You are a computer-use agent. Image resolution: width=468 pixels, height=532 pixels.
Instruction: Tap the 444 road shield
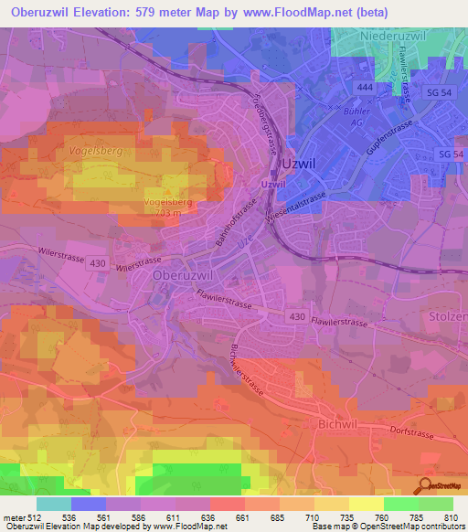click(x=365, y=84)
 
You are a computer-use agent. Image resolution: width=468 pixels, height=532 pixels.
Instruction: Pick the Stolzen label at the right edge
click(x=449, y=316)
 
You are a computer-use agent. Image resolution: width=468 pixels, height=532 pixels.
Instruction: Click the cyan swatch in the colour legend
click(x=54, y=504)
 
